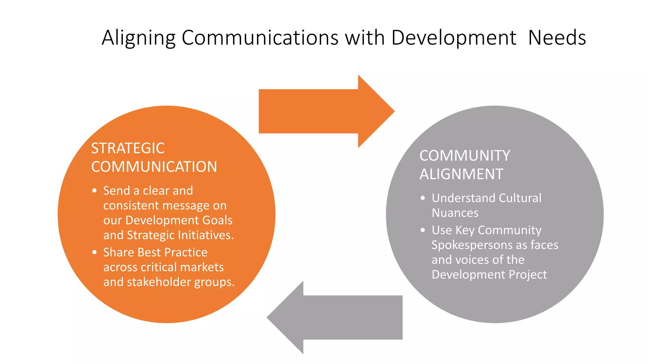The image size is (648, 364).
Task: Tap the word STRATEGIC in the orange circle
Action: click(128, 148)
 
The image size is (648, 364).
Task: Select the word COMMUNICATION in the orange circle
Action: click(154, 167)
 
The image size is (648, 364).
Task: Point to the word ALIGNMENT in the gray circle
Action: click(461, 174)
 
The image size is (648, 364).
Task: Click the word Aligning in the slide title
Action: click(138, 38)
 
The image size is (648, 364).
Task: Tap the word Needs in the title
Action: click(557, 38)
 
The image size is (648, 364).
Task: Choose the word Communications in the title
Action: click(260, 38)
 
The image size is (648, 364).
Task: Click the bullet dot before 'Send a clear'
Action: click(94, 191)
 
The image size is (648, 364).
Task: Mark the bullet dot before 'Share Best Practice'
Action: click(94, 252)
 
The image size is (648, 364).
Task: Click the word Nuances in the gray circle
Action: click(455, 213)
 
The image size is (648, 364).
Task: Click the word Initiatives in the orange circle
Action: click(206, 235)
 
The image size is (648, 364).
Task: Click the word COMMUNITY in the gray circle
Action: click(465, 156)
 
